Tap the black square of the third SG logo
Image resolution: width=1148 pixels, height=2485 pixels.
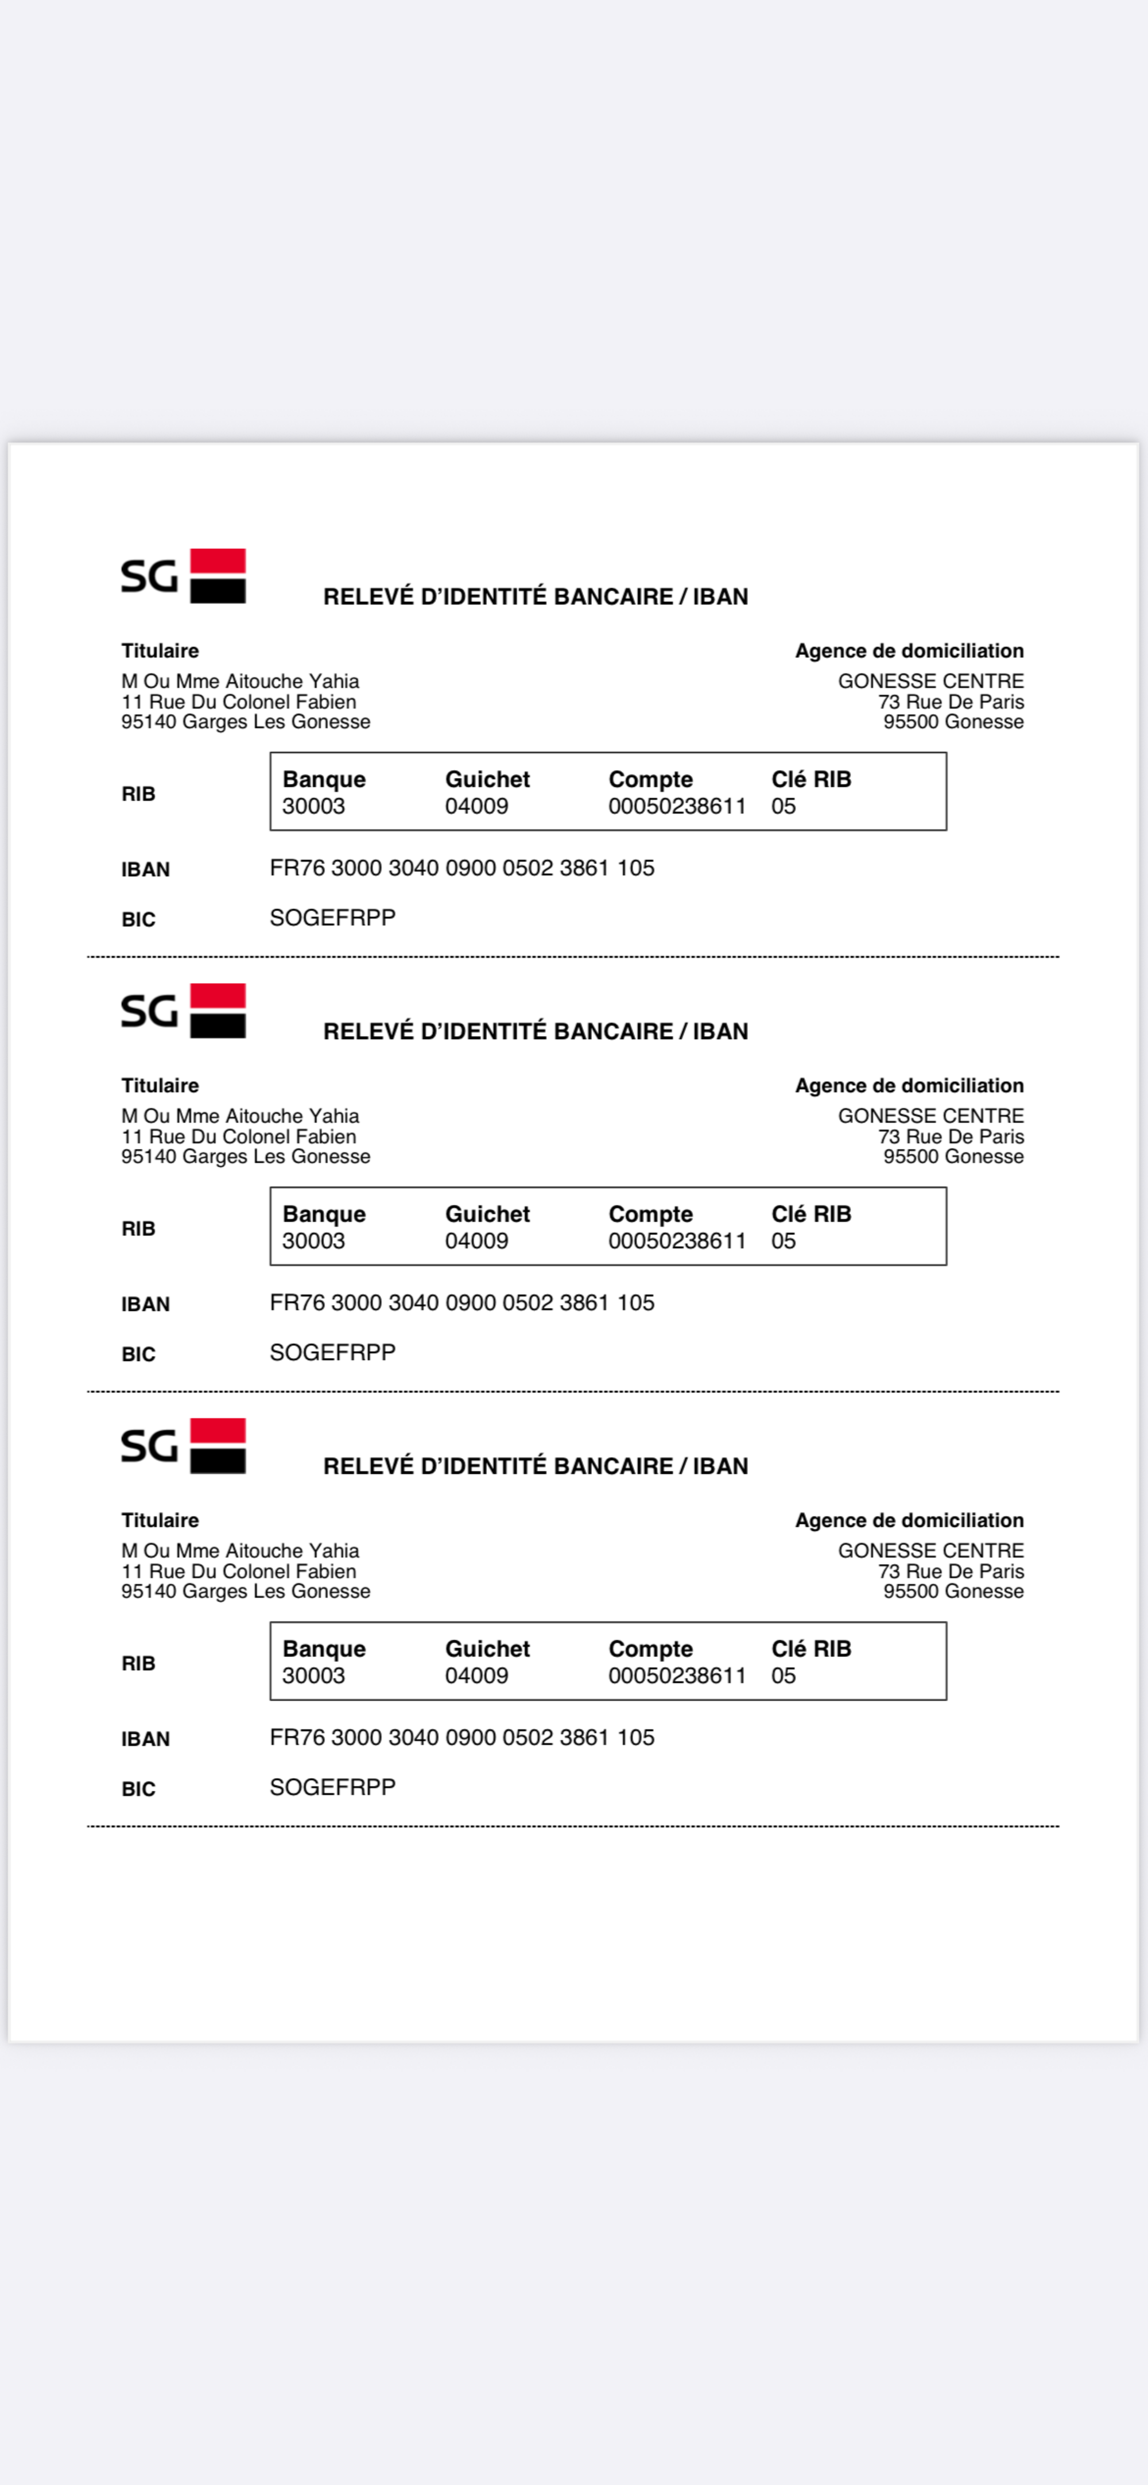pos(218,1461)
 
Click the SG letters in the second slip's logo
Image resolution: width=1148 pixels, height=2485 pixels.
pos(150,1011)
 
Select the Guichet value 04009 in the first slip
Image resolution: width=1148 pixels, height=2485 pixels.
pos(476,807)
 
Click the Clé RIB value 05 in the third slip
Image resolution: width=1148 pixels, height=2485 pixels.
pos(784,1677)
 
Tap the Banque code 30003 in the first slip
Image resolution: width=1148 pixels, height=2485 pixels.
pos(313,807)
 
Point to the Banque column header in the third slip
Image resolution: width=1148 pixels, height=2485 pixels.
pos(324,1648)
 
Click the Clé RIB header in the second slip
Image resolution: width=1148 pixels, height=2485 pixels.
pos(811,1214)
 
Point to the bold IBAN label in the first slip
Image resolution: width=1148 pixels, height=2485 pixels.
pos(146,869)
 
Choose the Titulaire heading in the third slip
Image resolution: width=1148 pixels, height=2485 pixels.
pos(160,1520)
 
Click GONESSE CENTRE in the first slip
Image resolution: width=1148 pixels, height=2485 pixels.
pos(931,681)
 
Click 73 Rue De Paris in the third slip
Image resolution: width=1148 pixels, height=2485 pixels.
pos(951,1571)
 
